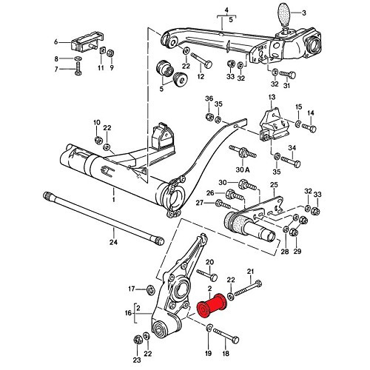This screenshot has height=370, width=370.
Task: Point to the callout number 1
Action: [114, 201]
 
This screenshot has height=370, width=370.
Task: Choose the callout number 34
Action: [292, 147]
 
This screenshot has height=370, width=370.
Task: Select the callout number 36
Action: [208, 100]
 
